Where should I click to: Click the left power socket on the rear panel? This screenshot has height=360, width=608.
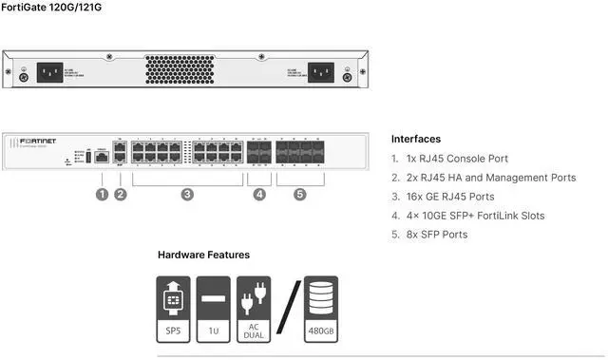point(49,72)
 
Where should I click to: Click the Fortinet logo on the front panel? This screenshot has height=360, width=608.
point(37,142)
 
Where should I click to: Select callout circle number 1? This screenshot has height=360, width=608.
point(102,195)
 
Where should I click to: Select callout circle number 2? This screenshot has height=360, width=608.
point(121,195)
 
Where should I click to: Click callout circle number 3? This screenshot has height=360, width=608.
point(187,195)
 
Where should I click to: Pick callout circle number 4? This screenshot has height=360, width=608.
point(259,195)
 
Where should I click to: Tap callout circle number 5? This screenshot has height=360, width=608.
point(300,195)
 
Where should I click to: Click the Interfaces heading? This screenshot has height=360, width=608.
point(415,139)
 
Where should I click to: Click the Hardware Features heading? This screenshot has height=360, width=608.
point(203,256)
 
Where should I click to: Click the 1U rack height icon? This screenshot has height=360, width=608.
point(213,310)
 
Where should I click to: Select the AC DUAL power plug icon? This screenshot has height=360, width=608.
point(254,310)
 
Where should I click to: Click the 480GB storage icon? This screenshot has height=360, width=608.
point(320,310)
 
